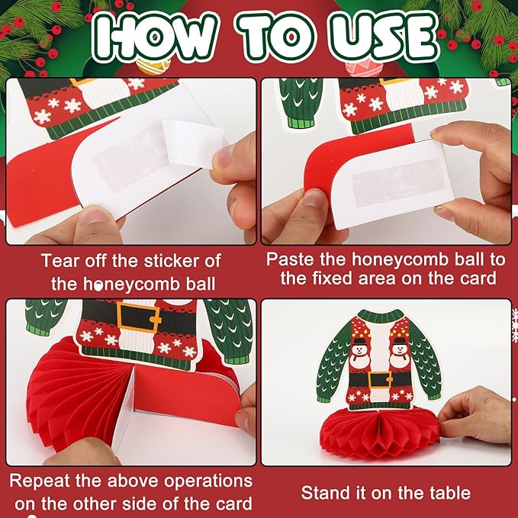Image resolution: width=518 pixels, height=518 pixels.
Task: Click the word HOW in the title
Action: point(155,37)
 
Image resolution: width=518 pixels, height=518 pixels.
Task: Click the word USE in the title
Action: point(384,37)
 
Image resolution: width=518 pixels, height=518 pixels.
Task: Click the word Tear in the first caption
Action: point(60,261)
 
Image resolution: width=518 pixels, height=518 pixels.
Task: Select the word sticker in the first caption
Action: point(170,261)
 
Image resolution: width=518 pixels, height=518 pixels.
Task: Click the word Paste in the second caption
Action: point(289,259)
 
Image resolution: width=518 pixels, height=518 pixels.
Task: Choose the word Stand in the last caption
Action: point(323,493)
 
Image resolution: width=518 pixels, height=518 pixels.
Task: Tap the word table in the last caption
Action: point(450,493)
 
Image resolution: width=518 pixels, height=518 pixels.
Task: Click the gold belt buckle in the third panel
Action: point(138,318)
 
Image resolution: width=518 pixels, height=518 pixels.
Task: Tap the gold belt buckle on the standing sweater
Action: point(379,380)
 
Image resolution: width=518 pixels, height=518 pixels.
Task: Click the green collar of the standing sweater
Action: point(380,317)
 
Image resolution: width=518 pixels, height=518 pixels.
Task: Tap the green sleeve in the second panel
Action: point(300,103)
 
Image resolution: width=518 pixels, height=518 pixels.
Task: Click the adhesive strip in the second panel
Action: point(398,184)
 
